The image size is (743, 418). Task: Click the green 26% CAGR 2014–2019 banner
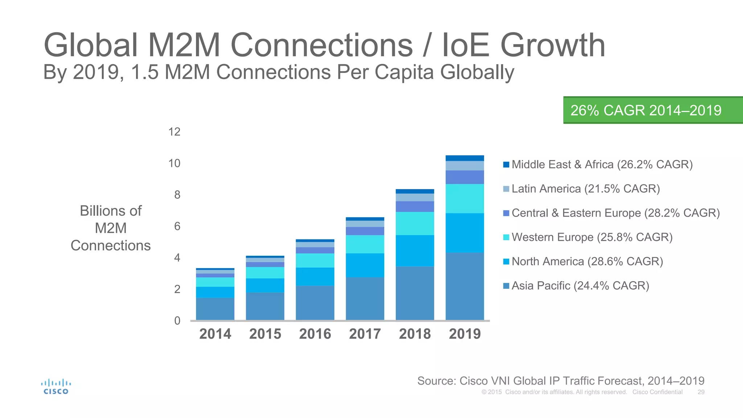click(652, 110)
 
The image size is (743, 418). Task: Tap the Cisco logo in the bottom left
click(56, 387)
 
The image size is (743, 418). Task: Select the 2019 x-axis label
click(465, 334)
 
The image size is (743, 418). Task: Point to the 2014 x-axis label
click(215, 334)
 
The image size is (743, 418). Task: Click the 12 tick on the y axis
click(174, 132)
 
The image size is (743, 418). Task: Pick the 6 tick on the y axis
click(177, 226)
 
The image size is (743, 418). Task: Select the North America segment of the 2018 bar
click(415, 251)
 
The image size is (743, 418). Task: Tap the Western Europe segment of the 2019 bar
click(465, 198)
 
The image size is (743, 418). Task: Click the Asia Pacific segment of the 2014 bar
click(215, 309)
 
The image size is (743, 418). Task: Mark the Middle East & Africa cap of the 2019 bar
click(465, 158)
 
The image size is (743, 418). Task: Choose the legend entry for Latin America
click(585, 189)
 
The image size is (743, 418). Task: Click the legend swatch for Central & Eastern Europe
click(506, 213)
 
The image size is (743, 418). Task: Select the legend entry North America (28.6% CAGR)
click(587, 262)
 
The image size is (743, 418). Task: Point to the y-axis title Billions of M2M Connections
click(111, 228)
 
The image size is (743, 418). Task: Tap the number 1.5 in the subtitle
click(144, 72)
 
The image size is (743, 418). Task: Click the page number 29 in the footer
click(701, 392)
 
